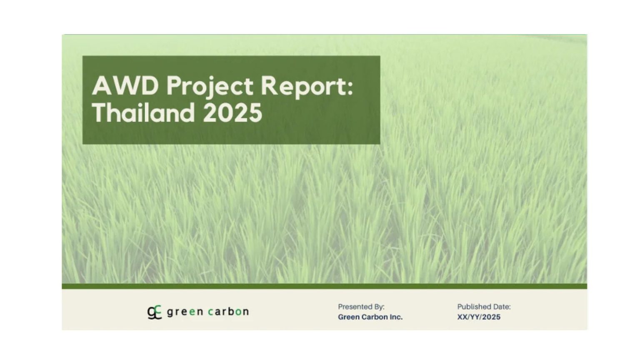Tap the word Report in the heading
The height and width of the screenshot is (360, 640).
click(303, 87)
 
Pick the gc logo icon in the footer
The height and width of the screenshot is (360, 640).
click(154, 312)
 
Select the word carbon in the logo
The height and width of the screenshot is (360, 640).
click(228, 312)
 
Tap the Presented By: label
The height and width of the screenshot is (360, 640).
click(361, 307)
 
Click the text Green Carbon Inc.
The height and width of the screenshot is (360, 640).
click(370, 317)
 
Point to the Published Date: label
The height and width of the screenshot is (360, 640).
click(484, 307)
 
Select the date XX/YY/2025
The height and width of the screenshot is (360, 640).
click(479, 317)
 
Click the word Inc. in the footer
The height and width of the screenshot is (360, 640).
click(396, 317)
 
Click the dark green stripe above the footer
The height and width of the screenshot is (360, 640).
click(324, 286)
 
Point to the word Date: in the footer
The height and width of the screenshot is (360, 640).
click(502, 307)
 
